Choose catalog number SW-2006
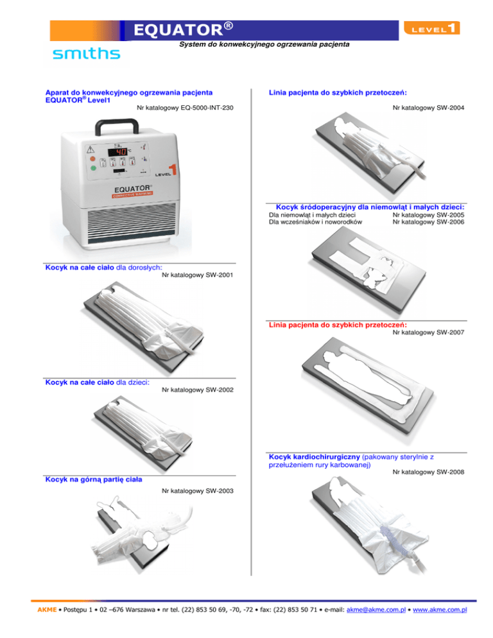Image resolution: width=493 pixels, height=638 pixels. tap(428, 221)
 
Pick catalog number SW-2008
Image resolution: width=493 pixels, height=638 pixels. tap(428, 472)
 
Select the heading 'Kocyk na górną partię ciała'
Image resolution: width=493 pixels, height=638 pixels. tap(93, 479)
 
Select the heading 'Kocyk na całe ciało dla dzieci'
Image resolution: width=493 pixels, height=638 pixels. tap(97, 383)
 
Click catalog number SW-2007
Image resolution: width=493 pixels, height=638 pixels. tap(428, 332)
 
